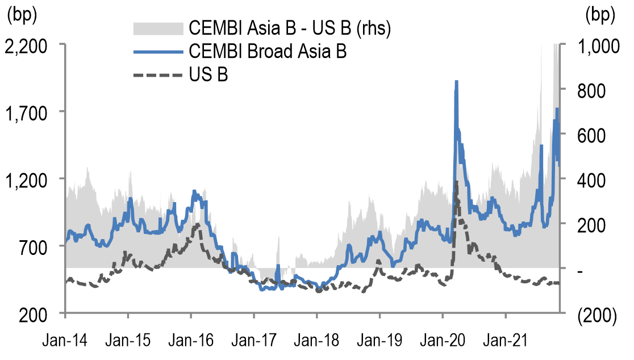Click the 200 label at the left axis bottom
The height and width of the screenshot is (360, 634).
[41, 313]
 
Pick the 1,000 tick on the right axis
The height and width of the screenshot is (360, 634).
[594, 45]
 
